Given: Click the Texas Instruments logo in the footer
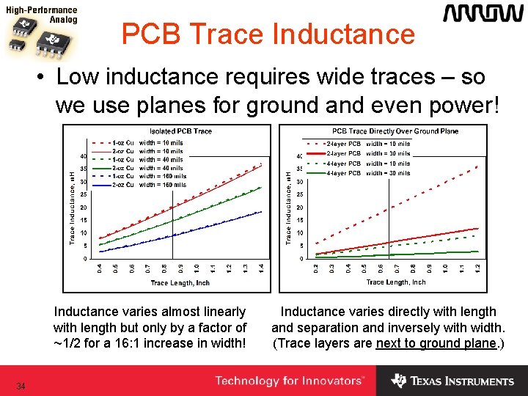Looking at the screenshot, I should pyautogui.click(x=452, y=381).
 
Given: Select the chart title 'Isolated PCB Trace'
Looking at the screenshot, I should pyautogui.click(x=180, y=131).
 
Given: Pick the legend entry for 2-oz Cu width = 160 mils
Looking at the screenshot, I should pyautogui.click(x=149, y=185).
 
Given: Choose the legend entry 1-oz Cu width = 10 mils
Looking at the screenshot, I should pyautogui.click(x=149, y=142).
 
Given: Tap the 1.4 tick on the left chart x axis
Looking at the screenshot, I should pyautogui.click(x=262, y=269).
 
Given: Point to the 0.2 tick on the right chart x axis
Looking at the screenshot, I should pyautogui.click(x=317, y=269).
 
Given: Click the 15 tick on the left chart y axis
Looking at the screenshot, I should pyautogui.click(x=84, y=220).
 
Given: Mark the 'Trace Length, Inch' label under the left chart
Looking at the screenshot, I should pyautogui.click(x=180, y=282).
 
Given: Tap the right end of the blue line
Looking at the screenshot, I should pyautogui.click(x=262, y=212).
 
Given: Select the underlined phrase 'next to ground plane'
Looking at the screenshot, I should pyautogui.click(x=436, y=342).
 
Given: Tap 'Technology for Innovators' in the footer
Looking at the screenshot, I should pyautogui.click(x=290, y=381).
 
